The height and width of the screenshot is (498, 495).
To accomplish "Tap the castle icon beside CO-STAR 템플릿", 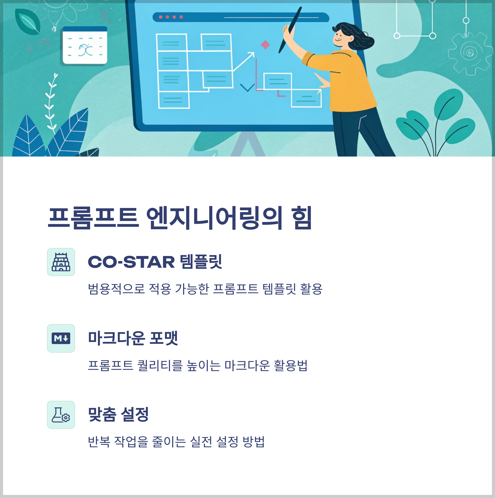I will pos(61,262).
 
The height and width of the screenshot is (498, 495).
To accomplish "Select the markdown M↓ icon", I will pos(61,338).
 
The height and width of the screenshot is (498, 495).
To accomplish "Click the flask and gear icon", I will pos(61,415).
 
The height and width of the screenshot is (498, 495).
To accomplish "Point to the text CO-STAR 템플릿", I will pos(155,262).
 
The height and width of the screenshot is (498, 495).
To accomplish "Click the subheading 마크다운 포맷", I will pos(133,338).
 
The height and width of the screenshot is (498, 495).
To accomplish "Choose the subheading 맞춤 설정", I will pos(118,414).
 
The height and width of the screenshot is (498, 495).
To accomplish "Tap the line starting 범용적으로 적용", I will pos(205,289).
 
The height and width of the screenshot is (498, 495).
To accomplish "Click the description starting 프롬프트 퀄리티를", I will pos(198,365).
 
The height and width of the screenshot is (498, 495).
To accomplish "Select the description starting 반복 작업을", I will pos(176,442).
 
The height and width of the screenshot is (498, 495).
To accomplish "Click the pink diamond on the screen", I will pos(265,45).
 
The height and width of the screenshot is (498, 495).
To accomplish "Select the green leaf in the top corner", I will pos(28,22).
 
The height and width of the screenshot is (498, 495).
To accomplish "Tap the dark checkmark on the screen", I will pos(247,87).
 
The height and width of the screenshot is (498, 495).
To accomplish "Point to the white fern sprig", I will pos(51,103).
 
